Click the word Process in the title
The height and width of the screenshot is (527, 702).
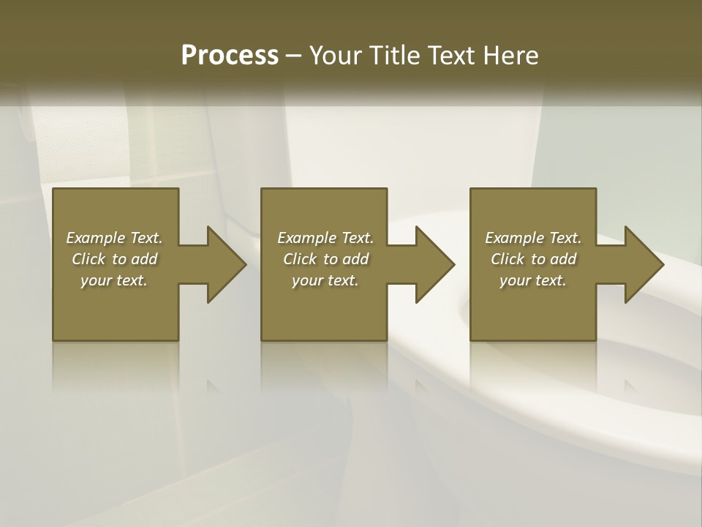(230, 56)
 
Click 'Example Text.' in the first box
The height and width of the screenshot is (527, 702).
(114, 238)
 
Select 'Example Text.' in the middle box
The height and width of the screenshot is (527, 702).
(325, 238)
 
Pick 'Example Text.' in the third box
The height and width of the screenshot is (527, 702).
(533, 238)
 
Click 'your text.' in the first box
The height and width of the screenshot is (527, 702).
(114, 280)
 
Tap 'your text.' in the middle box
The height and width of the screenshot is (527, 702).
(325, 280)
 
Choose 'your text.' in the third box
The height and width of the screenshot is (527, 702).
(533, 280)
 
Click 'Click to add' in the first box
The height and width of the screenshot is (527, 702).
(114, 259)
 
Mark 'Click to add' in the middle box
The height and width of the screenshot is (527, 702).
(325, 259)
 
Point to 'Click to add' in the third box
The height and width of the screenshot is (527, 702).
(533, 259)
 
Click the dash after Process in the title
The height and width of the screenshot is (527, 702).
(293, 56)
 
